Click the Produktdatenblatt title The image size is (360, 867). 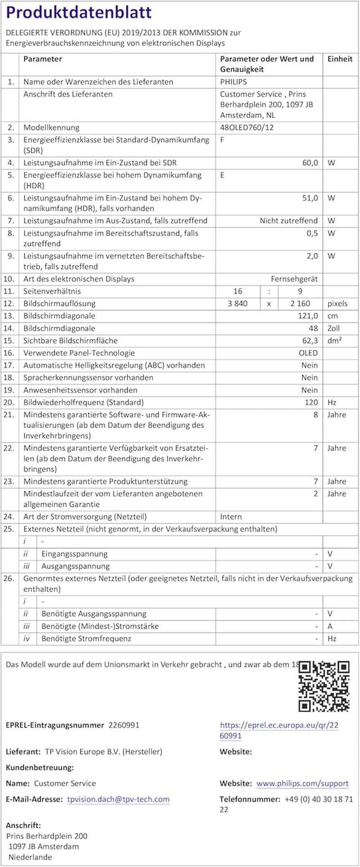[79, 13]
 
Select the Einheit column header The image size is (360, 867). [340, 59]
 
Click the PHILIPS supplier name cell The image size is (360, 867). [233, 82]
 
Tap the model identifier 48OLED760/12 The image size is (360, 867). [247, 127]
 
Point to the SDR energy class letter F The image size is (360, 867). [222, 140]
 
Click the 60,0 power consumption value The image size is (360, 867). [310, 163]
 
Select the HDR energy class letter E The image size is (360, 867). [222, 175]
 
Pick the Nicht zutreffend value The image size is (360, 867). [288, 221]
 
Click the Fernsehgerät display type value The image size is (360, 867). [294, 279]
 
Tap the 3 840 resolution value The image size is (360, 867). [238, 303]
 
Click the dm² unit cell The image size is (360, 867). [334, 341]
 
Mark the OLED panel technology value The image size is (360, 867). [308, 353]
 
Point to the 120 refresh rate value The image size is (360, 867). [311, 402]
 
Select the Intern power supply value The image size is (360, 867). [231, 517]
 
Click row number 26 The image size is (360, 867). [9, 578]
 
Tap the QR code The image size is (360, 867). [324, 686]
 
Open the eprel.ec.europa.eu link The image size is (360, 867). [279, 730]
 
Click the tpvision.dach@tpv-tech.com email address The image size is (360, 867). [118, 799]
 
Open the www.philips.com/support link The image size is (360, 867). [302, 783]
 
